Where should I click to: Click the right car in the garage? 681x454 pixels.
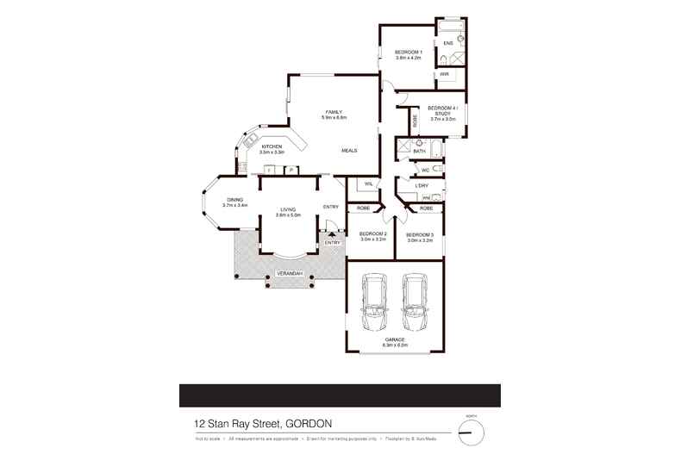point(415,303)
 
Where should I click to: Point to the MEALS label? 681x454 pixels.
point(349,151)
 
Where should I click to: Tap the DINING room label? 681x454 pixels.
point(234,202)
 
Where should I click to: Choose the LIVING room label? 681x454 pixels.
point(287,212)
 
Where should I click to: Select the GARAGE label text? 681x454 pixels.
point(396,341)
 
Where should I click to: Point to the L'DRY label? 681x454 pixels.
point(422,186)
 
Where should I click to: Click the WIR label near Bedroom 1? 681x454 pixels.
point(444,75)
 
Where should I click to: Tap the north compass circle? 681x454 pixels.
point(472,432)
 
